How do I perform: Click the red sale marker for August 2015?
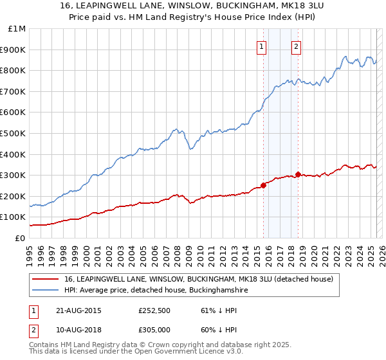tap(264, 185)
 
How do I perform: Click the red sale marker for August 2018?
tap(298, 174)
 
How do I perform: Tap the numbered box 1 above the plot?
tap(262, 46)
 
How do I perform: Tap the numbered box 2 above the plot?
tap(296, 46)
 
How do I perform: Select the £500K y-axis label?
tap(14, 134)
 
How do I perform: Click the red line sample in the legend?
tap(46, 279)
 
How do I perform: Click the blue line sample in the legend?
tap(46, 291)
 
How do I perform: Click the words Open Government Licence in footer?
tap(187, 352)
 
